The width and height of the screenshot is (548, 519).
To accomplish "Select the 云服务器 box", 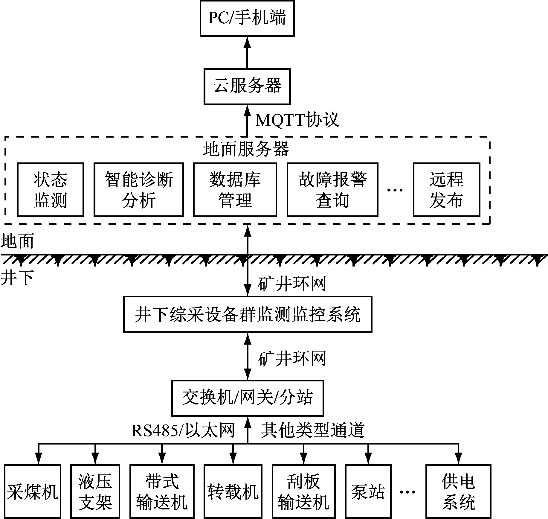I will pyautogui.click(x=247, y=86).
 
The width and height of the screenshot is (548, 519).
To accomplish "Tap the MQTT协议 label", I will pyautogui.click(x=297, y=120).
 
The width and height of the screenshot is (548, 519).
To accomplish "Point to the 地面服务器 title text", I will pyautogui.click(x=246, y=149).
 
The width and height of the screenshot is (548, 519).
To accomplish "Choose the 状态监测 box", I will pyautogui.click(x=51, y=189).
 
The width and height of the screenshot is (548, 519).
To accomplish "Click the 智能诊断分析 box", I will pyautogui.click(x=139, y=189).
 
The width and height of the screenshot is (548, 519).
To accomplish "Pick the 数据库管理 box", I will pyautogui.click(x=235, y=189).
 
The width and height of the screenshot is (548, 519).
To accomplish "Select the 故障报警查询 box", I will pyautogui.click(x=332, y=189).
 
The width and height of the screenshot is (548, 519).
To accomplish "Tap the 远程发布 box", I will pyautogui.click(x=447, y=189).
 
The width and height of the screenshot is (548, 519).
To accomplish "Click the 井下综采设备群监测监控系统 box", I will pyautogui.click(x=248, y=314).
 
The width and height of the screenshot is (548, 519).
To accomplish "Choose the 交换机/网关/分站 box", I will pyautogui.click(x=248, y=398).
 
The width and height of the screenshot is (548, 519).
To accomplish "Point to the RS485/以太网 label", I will pyautogui.click(x=183, y=430).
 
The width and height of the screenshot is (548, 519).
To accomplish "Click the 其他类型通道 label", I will pyautogui.click(x=313, y=430).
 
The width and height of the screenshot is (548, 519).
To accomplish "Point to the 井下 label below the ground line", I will pyautogui.click(x=17, y=278).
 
